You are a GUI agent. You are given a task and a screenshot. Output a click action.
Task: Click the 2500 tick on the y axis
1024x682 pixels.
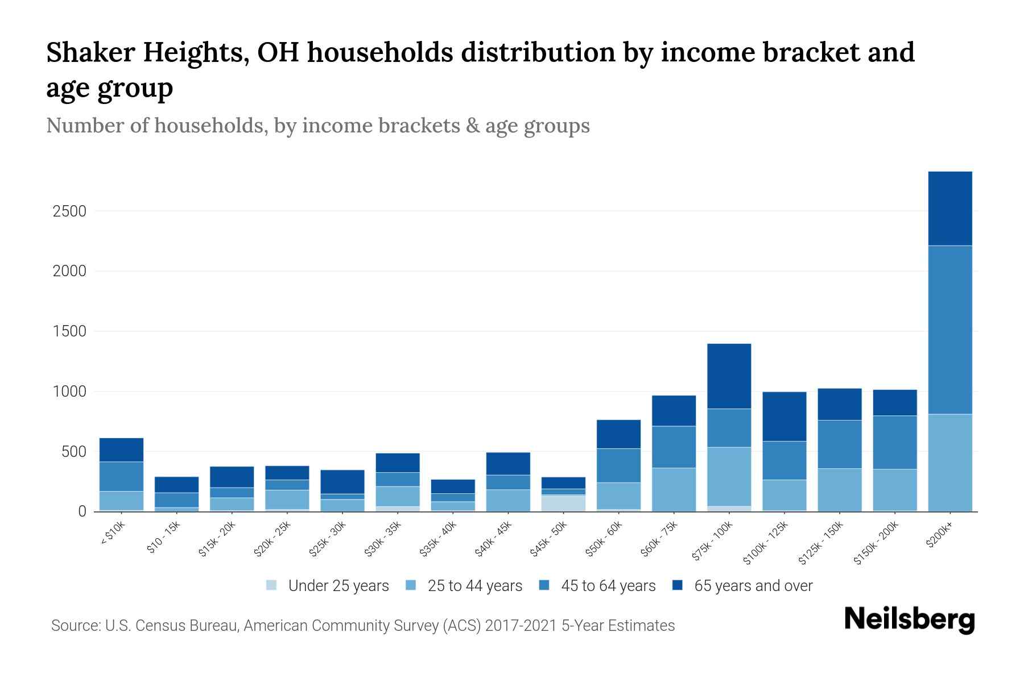(x=69, y=211)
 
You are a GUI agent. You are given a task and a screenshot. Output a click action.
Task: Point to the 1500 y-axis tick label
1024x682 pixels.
(x=69, y=331)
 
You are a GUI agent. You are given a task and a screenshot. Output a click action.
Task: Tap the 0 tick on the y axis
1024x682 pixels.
(x=82, y=511)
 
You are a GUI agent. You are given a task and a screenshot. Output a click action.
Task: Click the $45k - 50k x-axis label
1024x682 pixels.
(x=548, y=539)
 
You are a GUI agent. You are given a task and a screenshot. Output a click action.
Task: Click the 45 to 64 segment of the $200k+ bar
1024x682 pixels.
(x=950, y=330)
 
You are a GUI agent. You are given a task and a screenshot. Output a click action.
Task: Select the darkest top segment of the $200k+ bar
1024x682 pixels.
(x=950, y=208)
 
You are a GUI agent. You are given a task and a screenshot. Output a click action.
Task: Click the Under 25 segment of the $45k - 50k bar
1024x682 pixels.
(x=563, y=504)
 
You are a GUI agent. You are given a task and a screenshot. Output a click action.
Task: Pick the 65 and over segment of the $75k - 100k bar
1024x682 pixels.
(x=729, y=376)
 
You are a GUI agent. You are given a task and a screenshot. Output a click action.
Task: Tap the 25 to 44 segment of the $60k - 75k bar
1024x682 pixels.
(x=674, y=489)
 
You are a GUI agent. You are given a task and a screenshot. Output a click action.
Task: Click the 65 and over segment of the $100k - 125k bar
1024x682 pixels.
(x=784, y=416)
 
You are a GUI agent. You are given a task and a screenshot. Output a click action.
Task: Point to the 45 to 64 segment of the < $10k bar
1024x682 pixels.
(x=121, y=476)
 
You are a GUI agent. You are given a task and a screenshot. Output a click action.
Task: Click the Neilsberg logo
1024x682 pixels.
(x=909, y=619)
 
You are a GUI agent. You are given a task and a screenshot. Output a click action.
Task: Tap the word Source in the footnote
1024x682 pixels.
(x=74, y=626)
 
